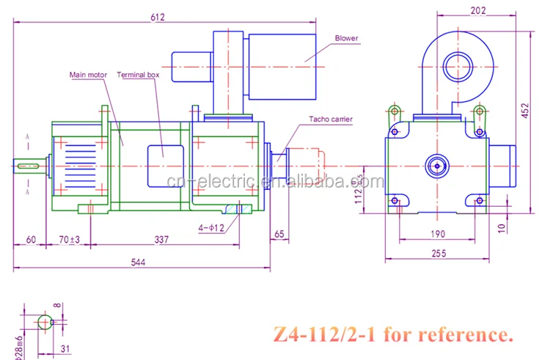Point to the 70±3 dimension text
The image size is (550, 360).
tap(69, 238)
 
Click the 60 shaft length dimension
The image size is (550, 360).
tap(32, 238)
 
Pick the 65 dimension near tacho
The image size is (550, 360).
tap(279, 235)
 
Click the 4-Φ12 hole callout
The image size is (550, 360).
tap(211, 228)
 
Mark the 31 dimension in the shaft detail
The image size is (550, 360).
tap(65, 348)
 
